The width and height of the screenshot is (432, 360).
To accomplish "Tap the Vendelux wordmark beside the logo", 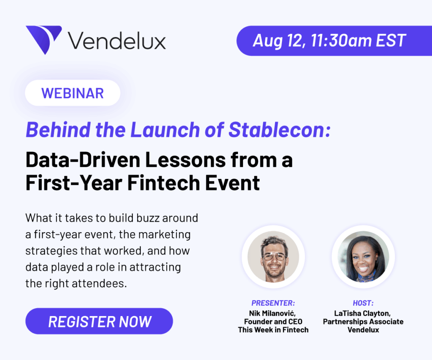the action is pyautogui.click(x=117, y=41).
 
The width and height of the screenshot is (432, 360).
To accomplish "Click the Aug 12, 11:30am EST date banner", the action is pyautogui.click(x=334, y=41).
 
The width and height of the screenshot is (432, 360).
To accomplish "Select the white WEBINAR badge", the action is pyautogui.click(x=73, y=93).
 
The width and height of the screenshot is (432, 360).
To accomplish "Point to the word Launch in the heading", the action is pyautogui.click(x=165, y=130).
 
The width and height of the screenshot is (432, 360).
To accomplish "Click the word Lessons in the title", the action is pyautogui.click(x=185, y=160).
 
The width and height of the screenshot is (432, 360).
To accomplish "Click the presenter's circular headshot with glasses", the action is pyautogui.click(x=273, y=257).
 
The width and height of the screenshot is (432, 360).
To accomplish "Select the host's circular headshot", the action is pyautogui.click(x=363, y=257).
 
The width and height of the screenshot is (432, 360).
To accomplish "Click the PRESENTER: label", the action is pyautogui.click(x=273, y=303).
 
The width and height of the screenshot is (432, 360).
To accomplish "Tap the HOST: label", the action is pyautogui.click(x=363, y=303).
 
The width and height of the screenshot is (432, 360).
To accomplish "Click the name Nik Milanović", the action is pyautogui.click(x=272, y=313).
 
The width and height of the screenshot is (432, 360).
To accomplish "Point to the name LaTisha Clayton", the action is pyautogui.click(x=362, y=314).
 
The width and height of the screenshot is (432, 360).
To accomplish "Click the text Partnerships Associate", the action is pyautogui.click(x=363, y=322).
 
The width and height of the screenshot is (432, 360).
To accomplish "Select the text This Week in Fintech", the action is pyautogui.click(x=273, y=330).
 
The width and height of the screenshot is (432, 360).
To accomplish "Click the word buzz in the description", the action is pyautogui.click(x=148, y=218).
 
